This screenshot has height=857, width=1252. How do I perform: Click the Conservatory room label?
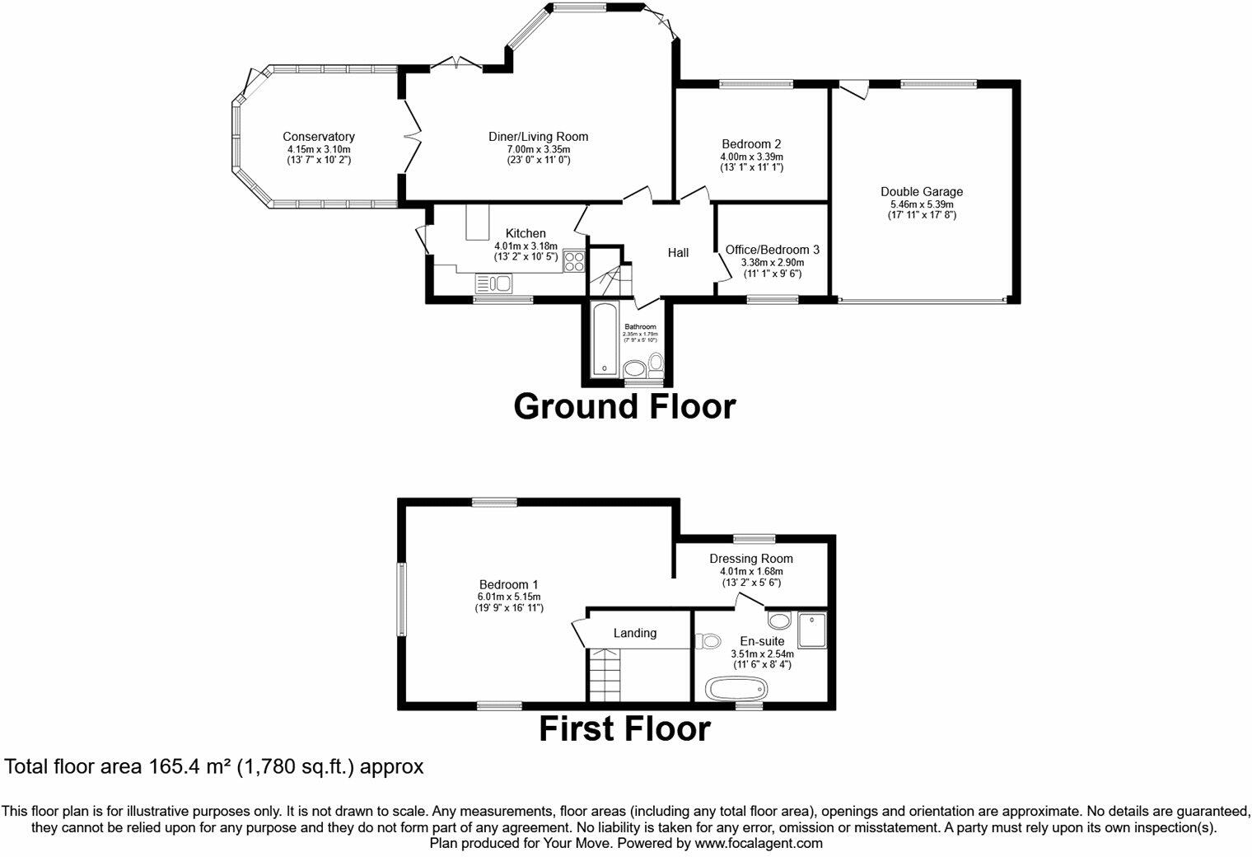point(318,137)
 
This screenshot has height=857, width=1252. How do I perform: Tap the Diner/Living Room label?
point(538,137)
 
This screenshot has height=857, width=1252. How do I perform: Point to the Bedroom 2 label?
point(751,143)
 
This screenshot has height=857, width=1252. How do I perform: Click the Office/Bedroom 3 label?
point(772,250)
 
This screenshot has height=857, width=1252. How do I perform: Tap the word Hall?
point(678,253)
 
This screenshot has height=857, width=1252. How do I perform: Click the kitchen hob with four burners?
point(573,261)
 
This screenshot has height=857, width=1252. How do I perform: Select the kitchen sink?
point(493,283)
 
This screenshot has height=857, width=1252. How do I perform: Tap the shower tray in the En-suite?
point(811,630)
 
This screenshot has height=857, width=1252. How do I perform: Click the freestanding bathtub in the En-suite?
point(738,688)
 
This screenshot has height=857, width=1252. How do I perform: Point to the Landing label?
point(635,633)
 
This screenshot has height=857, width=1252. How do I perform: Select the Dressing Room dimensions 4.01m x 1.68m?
point(750,571)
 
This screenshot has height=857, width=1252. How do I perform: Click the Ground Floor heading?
point(624,406)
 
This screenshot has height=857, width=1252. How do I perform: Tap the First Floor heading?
point(624,729)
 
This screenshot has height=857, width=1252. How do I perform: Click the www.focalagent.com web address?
point(758,844)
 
